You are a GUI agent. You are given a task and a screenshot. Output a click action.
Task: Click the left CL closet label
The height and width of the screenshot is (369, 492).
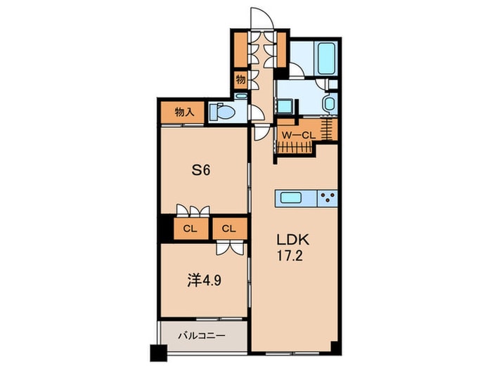click(189, 228)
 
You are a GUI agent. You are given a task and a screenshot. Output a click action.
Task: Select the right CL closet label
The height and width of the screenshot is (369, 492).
click(228, 228)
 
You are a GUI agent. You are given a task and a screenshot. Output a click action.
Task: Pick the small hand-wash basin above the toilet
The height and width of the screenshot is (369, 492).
click(241, 98)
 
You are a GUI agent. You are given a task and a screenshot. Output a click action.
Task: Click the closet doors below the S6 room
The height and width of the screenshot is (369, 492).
click(193, 209)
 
